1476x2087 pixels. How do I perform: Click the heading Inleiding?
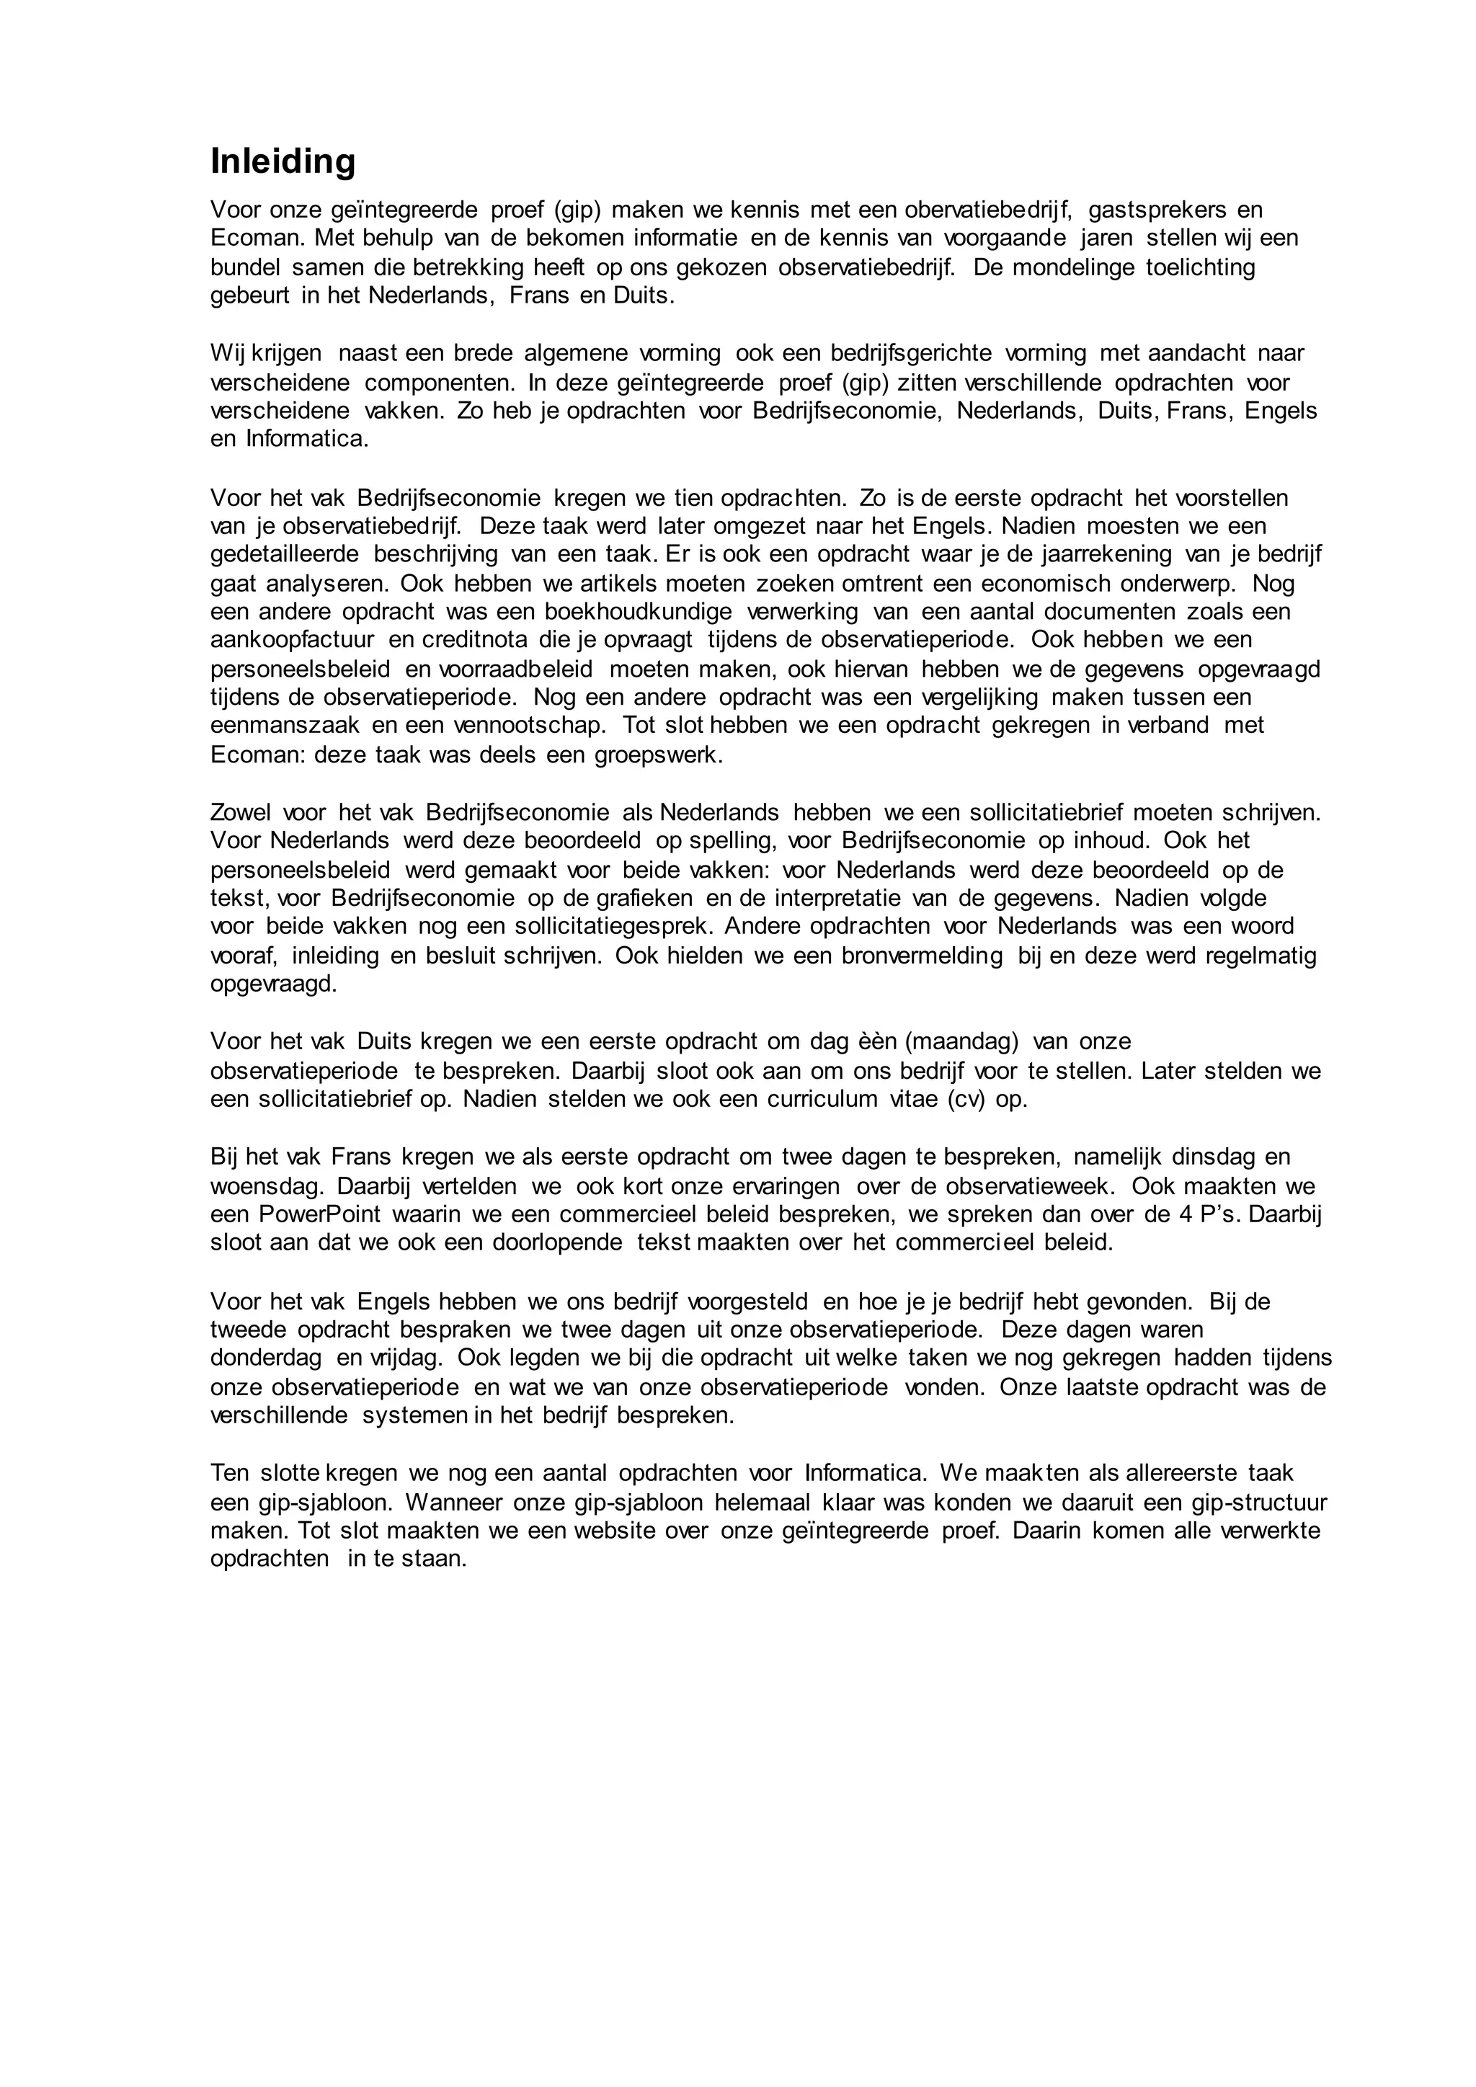click(x=283, y=162)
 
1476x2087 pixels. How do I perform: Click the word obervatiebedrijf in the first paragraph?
click(x=988, y=210)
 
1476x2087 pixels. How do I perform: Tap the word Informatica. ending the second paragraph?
click(x=307, y=439)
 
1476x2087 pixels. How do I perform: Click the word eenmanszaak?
click(x=285, y=726)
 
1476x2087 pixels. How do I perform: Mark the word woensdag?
click(x=266, y=1187)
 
